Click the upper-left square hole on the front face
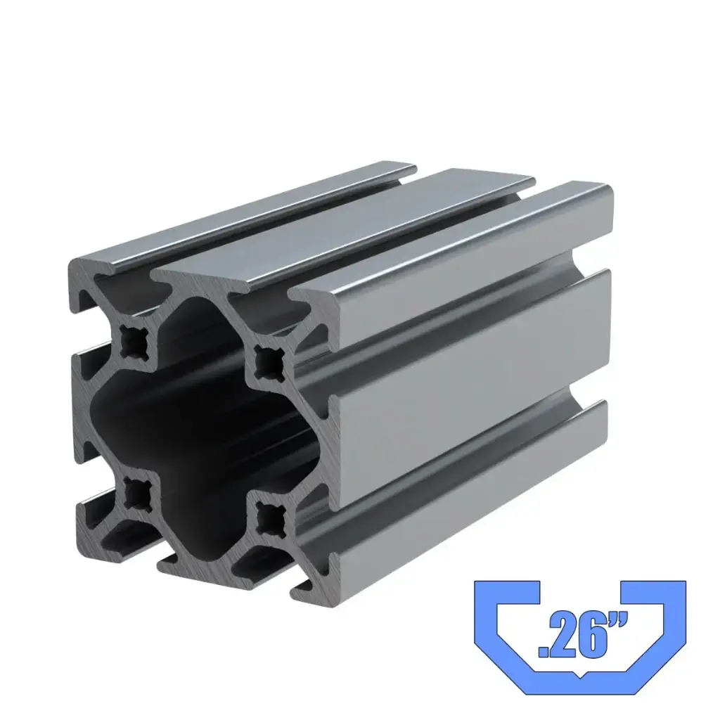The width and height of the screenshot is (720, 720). tap(132, 342)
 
